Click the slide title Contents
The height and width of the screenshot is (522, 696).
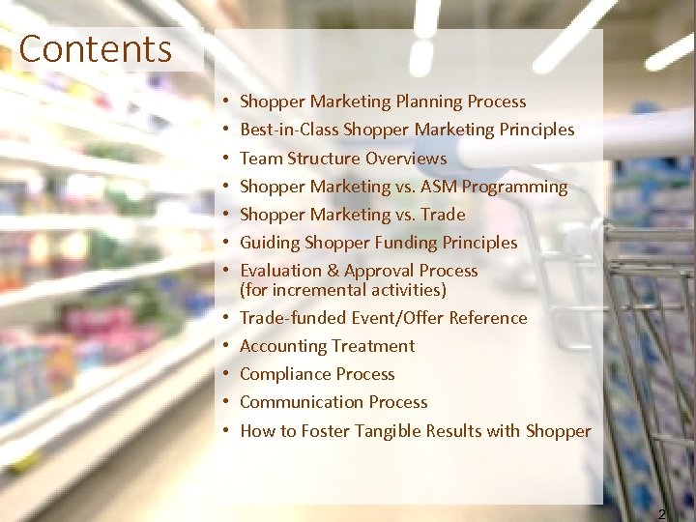[95, 48]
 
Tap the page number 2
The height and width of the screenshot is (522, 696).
[661, 514]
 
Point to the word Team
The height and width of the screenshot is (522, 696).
[261, 158]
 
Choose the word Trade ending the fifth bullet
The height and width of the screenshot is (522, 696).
[443, 214]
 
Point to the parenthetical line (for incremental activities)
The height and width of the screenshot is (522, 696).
[343, 290]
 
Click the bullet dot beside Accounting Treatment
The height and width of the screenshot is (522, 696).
[223, 346]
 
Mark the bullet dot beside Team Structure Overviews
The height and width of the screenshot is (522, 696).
[223, 158]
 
